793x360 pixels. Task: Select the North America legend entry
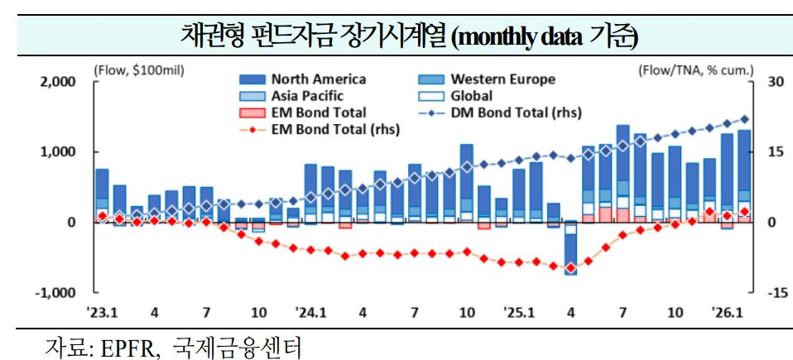point(317,79)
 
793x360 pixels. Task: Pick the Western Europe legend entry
point(502,79)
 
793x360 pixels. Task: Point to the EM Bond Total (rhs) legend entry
point(334,129)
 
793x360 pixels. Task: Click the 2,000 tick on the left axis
point(57,83)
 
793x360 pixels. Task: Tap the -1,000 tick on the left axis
point(55,293)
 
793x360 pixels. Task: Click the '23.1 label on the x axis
point(103,314)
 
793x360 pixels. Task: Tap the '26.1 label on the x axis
point(726,314)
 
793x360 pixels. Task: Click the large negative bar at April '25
point(570,248)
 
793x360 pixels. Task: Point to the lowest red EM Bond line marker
point(570,268)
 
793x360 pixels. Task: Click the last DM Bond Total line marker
point(744,119)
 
